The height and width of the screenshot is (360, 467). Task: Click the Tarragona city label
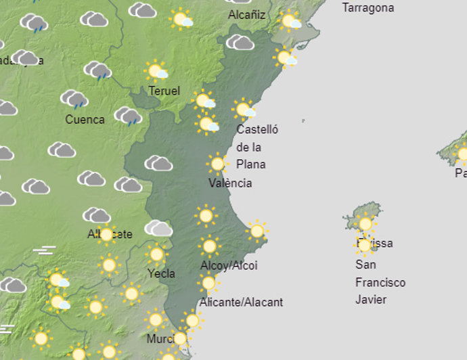[368, 8]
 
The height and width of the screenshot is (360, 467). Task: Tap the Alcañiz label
[246, 15]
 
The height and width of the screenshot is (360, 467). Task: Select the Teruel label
[164, 91]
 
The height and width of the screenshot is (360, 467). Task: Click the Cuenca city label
[85, 120]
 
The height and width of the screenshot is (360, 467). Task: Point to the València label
[230, 183]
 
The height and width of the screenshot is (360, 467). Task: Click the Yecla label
[161, 273]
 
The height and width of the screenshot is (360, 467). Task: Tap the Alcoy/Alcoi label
[229, 266]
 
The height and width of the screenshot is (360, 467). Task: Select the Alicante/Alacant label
[241, 302]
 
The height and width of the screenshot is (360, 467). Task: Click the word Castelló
[257, 129]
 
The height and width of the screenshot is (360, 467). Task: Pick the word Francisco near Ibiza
[380, 282]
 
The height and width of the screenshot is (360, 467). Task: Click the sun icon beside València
[217, 164]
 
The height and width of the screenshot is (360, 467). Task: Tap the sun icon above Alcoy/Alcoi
[209, 246]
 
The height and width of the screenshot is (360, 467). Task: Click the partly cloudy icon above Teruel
[156, 70]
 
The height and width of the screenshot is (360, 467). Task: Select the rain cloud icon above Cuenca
[74, 99]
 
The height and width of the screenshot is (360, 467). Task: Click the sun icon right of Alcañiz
[290, 21]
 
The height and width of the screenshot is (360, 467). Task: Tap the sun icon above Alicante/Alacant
[208, 283]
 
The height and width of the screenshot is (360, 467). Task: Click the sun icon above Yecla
[156, 254]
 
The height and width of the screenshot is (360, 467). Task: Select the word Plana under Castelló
[251, 164]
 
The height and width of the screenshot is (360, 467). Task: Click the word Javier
[371, 299]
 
